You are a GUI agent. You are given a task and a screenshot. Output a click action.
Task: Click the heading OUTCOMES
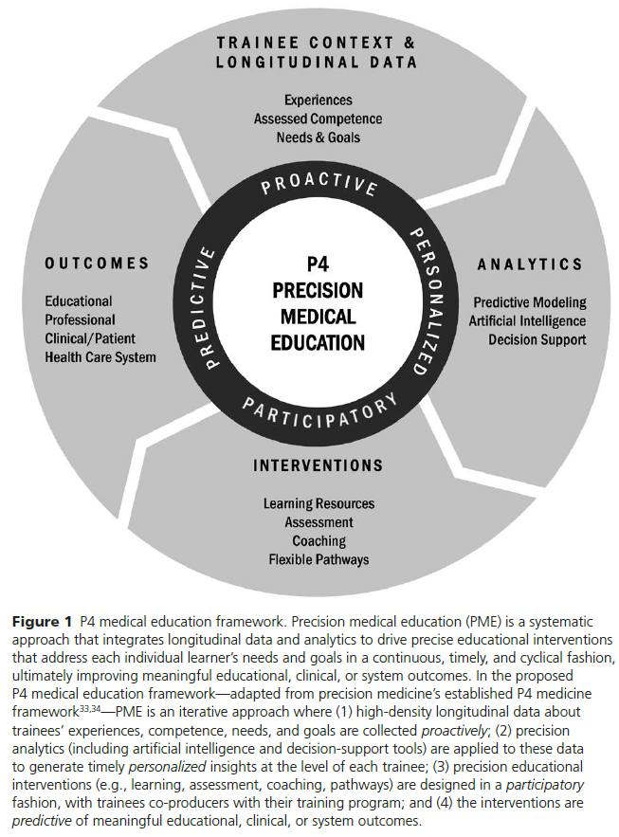click(98, 263)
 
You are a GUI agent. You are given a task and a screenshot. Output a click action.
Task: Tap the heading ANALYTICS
click(529, 263)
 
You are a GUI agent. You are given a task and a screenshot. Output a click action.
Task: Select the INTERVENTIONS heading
click(318, 465)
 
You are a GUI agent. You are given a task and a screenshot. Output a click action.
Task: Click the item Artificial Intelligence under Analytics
click(527, 320)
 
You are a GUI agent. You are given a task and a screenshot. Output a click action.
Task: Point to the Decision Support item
click(537, 339)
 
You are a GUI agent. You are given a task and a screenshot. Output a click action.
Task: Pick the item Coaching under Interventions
click(318, 540)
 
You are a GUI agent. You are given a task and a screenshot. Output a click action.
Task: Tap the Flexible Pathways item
click(318, 559)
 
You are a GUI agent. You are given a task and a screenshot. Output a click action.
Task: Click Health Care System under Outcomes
click(100, 356)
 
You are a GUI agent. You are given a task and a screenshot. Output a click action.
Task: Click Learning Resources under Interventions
click(318, 503)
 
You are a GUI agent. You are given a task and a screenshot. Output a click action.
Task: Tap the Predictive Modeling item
click(530, 302)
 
